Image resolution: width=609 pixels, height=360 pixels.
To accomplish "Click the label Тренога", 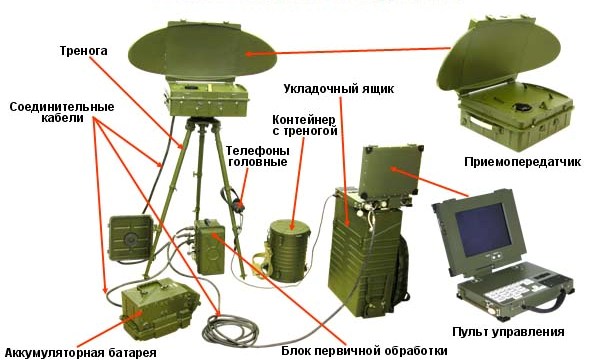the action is (x=84, y=51).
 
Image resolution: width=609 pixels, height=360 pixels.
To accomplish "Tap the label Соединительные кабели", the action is (x=62, y=112).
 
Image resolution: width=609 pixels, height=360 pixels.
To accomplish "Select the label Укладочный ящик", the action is (x=339, y=89).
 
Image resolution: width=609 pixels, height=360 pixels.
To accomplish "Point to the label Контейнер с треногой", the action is (x=305, y=125).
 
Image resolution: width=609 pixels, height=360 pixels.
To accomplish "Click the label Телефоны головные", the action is (x=258, y=156).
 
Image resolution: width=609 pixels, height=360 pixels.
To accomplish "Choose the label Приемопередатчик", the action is (x=522, y=162).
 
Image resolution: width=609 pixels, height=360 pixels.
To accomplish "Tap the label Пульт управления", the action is (x=508, y=332).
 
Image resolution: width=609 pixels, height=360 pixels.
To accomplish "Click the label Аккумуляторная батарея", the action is (x=81, y=353).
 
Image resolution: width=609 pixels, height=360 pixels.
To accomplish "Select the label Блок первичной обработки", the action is (x=364, y=351).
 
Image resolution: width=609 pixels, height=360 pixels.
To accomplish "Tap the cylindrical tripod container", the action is (x=288, y=250).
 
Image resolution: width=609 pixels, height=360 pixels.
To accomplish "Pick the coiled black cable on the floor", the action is (x=231, y=331).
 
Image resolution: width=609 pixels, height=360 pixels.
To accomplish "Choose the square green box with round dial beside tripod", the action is (x=130, y=238).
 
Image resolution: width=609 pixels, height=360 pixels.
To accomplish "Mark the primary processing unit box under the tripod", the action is (x=210, y=247).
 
